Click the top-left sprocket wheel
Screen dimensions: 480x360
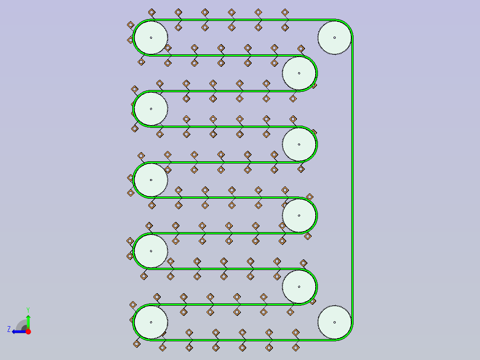point(151,38)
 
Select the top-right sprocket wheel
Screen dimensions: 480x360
point(334,38)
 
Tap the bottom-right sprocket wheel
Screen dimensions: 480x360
point(334,322)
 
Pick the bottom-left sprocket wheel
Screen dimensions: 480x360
point(151,322)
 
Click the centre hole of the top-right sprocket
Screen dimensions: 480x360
point(334,38)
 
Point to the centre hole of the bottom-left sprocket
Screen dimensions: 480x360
point(151,322)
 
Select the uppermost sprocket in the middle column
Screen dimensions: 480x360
point(299,73)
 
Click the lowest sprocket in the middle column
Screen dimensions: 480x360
point(299,287)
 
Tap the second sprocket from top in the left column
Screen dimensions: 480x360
point(151,109)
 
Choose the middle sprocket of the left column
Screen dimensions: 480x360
point(151,180)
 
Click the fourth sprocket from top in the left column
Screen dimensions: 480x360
point(151,251)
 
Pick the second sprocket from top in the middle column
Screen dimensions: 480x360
point(299,144)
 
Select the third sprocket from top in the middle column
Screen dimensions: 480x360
point(299,215)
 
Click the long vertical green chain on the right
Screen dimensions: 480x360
point(352,180)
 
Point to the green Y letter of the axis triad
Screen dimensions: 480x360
point(28,310)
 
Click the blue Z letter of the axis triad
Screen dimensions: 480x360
point(9,329)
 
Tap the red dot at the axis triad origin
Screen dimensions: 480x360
point(28,331)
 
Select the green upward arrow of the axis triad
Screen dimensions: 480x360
point(28,322)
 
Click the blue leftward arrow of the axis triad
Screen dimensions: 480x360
point(19,331)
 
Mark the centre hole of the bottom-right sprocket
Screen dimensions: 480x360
point(334,322)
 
